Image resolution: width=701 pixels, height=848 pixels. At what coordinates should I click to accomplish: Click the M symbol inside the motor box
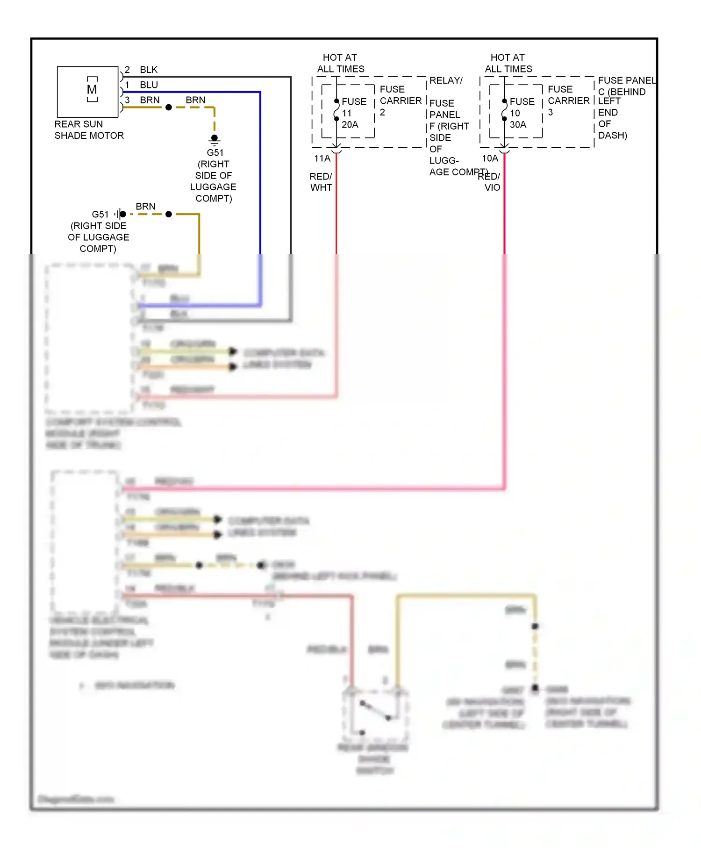click(x=92, y=89)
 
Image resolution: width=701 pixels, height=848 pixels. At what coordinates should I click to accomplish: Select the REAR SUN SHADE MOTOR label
click(x=89, y=130)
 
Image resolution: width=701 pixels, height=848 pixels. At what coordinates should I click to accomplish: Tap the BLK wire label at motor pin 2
click(x=149, y=70)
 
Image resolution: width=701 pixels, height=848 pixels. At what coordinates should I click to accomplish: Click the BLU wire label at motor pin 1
click(x=149, y=85)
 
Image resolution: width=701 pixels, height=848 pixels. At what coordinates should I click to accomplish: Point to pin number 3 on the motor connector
click(x=127, y=100)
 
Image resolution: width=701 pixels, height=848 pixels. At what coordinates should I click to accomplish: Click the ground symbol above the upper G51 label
click(x=215, y=139)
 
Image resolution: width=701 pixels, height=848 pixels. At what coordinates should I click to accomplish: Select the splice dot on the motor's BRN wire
click(x=169, y=108)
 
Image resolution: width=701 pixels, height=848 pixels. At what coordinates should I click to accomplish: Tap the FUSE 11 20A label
click(x=353, y=113)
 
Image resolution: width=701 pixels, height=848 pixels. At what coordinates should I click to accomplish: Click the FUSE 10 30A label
click(x=521, y=113)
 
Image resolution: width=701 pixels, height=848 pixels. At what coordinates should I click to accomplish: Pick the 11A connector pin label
click(x=322, y=158)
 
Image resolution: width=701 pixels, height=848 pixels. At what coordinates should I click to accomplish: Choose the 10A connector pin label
click(x=490, y=158)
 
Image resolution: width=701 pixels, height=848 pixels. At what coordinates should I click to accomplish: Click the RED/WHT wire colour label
click(x=321, y=182)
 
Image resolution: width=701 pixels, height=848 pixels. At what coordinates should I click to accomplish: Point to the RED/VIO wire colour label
click(x=490, y=182)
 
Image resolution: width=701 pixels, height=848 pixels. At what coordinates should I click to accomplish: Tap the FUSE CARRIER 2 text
click(x=400, y=101)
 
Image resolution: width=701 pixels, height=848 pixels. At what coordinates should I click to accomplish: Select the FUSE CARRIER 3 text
click(x=568, y=101)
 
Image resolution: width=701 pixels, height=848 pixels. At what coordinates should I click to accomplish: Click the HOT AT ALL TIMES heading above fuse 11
click(x=340, y=63)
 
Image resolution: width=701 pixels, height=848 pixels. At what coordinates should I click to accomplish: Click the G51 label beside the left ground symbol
click(x=100, y=214)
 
